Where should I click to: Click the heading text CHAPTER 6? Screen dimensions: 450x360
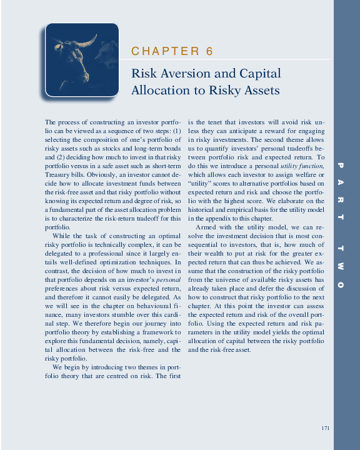pyautogui.click(x=172, y=51)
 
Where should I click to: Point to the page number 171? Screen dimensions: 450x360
pyautogui.click(x=324, y=427)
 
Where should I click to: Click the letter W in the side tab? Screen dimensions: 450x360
pyautogui.click(x=341, y=267)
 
